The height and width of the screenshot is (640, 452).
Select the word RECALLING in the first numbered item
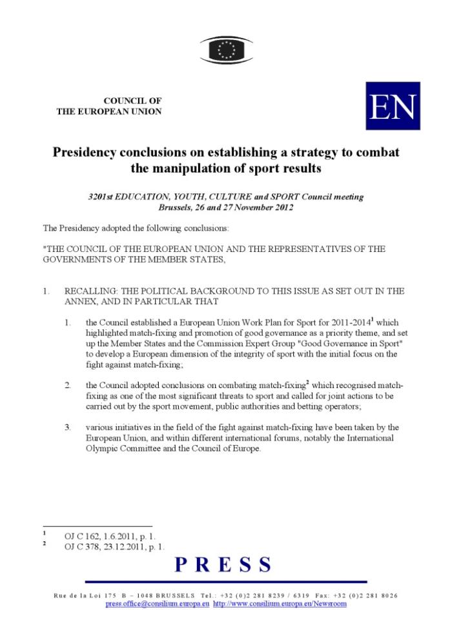pyautogui.click(x=90, y=291)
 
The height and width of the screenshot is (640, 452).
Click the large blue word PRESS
pyautogui.click(x=223, y=565)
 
